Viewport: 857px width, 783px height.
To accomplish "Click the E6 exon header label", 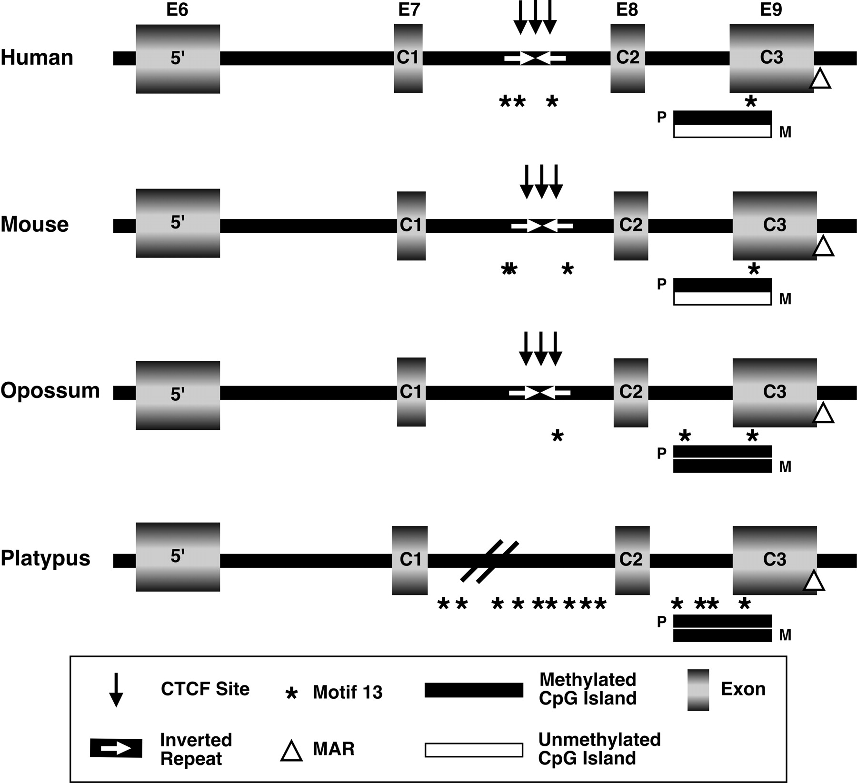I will pos(177,10).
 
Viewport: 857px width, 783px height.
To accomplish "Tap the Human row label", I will pos(37,58).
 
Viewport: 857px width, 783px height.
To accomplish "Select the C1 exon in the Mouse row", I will pos(411,226).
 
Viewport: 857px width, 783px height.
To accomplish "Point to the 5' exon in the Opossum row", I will pos(178,395).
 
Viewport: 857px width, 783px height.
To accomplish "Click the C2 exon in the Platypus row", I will pos(632,560).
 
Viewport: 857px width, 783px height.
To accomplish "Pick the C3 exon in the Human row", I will pos(771,58).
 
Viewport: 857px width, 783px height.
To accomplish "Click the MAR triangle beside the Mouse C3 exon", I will pos(824,247).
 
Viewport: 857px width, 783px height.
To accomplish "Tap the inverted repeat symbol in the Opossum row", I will pos(540,393).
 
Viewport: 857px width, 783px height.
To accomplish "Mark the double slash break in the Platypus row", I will pos(489,561).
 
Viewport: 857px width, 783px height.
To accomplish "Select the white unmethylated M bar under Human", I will pos(722,131).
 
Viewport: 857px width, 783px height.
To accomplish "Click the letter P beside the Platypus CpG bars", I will pos(662,622).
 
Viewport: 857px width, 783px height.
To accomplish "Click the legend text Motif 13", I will pos(348,693).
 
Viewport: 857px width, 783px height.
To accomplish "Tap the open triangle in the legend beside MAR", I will pos(291,750).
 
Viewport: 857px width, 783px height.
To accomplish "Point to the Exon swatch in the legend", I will pos(698,690).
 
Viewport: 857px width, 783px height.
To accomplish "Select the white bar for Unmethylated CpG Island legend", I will pos(474,750).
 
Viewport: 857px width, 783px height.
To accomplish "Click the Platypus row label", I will pos(46,558).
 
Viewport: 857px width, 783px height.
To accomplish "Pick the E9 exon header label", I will pos(771,10).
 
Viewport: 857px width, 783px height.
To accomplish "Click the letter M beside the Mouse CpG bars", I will pos(785,299).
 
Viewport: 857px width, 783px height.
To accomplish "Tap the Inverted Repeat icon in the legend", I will pos(116,748).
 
